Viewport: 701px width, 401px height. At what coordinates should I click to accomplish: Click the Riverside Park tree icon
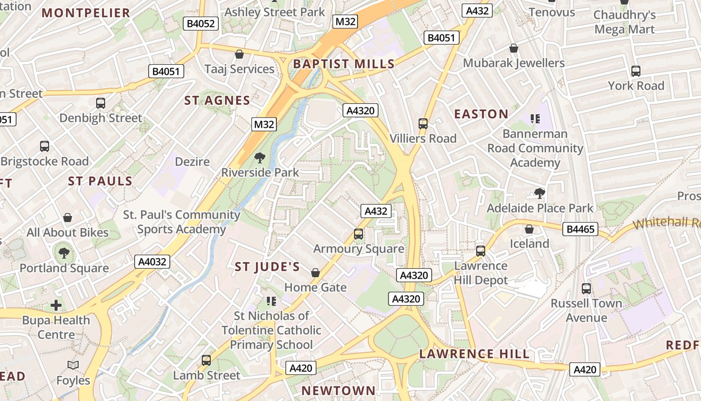click(x=259, y=158)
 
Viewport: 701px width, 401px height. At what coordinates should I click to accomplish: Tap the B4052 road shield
click(x=200, y=24)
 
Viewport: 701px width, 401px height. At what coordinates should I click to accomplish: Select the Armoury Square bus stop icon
click(x=359, y=234)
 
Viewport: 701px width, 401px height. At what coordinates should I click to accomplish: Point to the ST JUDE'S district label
click(x=267, y=267)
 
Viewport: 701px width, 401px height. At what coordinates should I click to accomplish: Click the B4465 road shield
click(x=580, y=230)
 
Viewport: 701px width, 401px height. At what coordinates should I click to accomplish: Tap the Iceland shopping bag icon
click(x=529, y=229)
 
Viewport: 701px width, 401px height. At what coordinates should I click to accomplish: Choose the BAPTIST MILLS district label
click(x=344, y=64)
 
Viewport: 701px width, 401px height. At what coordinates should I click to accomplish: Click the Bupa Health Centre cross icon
click(x=56, y=305)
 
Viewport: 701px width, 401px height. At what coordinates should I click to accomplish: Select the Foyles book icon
click(x=73, y=366)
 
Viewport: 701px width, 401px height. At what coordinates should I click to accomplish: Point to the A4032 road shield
click(x=152, y=262)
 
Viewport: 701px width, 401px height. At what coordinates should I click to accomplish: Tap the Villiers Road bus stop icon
click(x=423, y=124)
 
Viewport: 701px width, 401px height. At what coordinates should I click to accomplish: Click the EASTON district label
click(x=481, y=114)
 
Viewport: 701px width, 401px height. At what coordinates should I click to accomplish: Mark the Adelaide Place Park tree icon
click(x=539, y=193)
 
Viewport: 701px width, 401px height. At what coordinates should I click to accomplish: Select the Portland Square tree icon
click(x=64, y=253)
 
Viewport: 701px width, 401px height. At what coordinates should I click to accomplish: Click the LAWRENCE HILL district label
click(x=474, y=354)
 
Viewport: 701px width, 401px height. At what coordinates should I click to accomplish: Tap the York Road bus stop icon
click(x=636, y=71)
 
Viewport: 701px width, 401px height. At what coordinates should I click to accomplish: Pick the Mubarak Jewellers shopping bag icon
click(x=513, y=48)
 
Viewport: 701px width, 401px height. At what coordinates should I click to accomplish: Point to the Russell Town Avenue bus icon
click(x=586, y=289)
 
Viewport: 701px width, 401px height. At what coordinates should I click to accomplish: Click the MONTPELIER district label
click(x=86, y=13)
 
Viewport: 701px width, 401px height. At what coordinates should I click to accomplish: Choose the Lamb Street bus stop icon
click(x=206, y=360)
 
